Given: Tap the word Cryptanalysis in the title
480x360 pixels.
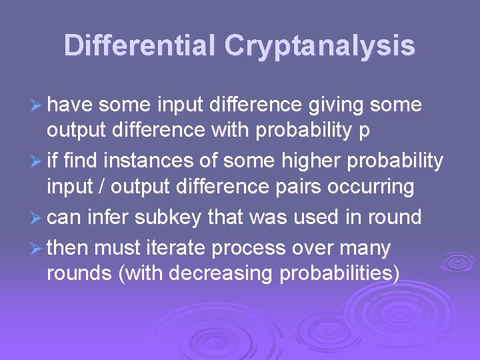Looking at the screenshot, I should coord(320,46).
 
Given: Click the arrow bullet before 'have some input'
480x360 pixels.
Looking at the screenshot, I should coord(37,105).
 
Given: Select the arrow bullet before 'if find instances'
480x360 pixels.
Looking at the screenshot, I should coord(37,161).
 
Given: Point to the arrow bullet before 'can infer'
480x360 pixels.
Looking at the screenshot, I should coord(37,217).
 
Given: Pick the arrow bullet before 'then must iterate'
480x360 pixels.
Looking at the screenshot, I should coord(37,249).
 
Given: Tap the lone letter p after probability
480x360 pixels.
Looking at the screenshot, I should coord(364,131).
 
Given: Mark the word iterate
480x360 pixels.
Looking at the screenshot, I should coord(177,249).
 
